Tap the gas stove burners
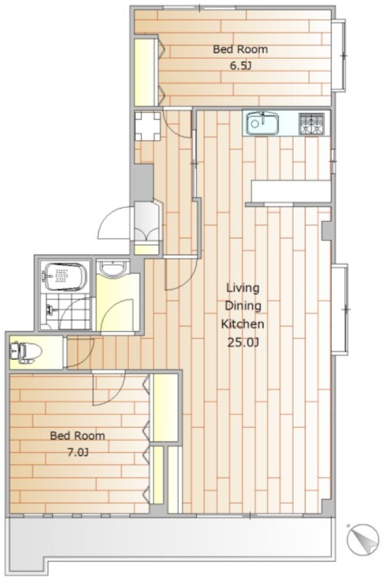click(311, 123)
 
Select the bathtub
click(65, 277)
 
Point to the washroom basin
click(113, 268)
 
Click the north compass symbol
click(363, 539)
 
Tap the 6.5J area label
click(240, 66)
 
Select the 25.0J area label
click(243, 342)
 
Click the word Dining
click(243, 306)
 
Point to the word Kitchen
click(243, 324)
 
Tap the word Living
click(243, 288)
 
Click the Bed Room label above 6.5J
click(240, 49)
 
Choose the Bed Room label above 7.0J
click(77, 436)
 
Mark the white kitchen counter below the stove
click(291, 191)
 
